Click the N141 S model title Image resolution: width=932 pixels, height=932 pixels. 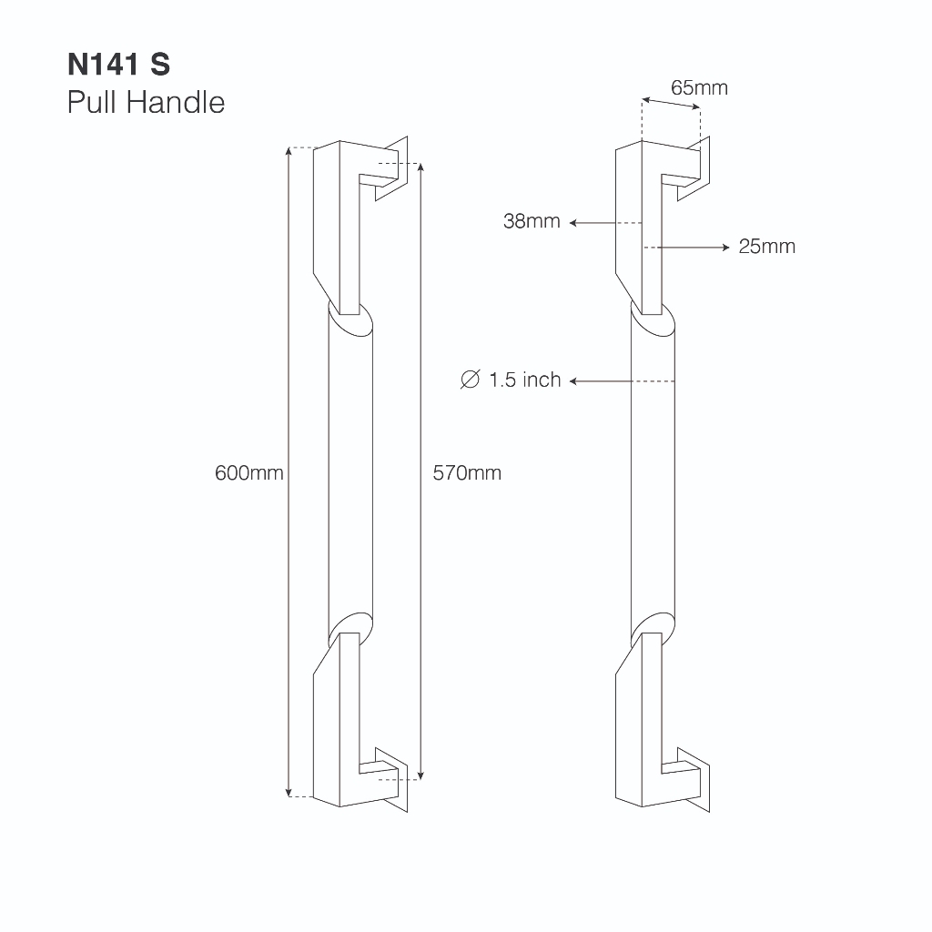point(119,65)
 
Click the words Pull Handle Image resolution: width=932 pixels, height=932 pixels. point(146,102)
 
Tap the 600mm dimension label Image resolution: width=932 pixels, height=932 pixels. point(249,473)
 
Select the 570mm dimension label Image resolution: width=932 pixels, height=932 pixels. point(467,473)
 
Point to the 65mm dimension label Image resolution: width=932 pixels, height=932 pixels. point(699,88)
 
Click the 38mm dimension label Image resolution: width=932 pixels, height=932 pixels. point(532,221)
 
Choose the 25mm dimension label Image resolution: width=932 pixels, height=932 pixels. point(766,247)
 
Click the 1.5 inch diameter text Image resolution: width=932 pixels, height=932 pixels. point(525,380)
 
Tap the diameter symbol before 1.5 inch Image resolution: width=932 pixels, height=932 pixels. point(471,380)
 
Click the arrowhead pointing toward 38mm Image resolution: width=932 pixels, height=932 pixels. point(573,223)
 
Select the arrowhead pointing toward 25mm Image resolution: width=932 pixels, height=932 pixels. point(725,248)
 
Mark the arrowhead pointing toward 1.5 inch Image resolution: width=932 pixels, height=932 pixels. point(573,381)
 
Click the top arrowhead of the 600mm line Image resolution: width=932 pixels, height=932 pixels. point(289,150)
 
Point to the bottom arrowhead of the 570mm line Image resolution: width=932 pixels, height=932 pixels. point(420,775)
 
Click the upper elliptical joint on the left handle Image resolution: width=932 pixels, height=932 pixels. point(350,319)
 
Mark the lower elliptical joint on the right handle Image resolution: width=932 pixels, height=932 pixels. point(653,630)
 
